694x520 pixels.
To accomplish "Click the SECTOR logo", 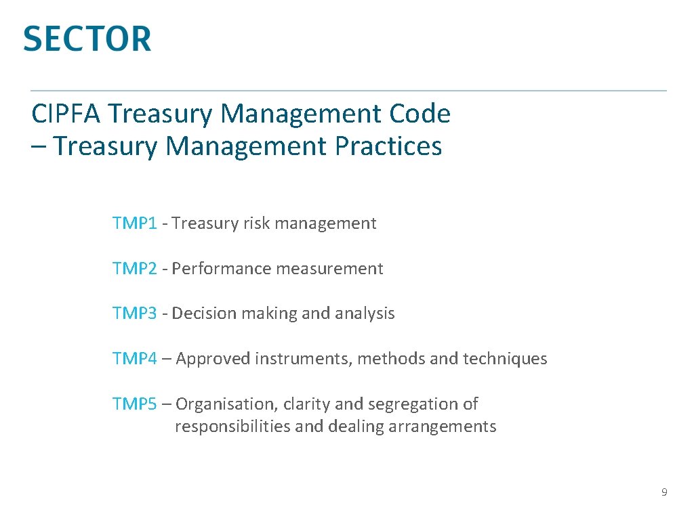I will pos(87,39).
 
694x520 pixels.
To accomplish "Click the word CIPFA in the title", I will pos(66,114).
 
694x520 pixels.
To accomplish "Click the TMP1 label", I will pos(135,223).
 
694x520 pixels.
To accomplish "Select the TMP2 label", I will pos(135,269).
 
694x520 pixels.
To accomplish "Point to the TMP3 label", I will pos(135,313).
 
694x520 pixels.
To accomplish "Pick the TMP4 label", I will pos(135,359).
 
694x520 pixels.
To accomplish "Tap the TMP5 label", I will pos(135,404).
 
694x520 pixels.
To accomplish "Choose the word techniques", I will pos(505,359).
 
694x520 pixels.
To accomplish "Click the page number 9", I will pos(664,492).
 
